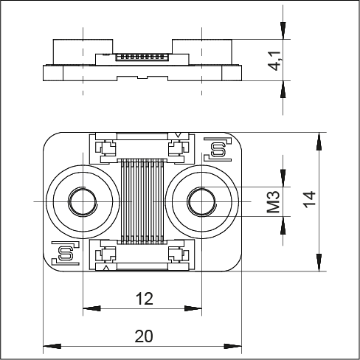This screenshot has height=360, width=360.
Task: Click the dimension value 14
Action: point(309,201)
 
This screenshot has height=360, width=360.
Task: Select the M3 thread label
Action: point(274,201)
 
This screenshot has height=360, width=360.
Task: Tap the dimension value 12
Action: point(145,299)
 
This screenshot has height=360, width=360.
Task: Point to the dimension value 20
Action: point(145,336)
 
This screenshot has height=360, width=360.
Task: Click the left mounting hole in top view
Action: point(82,201)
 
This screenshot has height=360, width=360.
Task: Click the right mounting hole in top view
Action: point(201,201)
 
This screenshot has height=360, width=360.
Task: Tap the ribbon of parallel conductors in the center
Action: point(142,201)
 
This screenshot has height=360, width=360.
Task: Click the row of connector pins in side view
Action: point(142,56)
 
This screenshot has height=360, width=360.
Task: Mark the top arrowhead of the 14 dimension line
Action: point(319,137)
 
